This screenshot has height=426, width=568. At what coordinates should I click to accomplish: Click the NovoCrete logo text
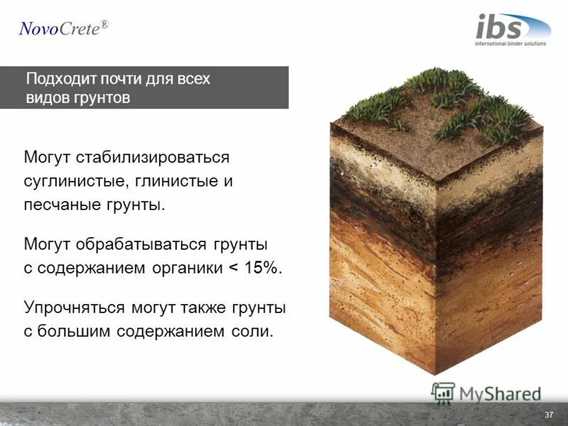coord(59,29)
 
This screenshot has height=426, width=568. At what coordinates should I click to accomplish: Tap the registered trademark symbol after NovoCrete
coord(104,24)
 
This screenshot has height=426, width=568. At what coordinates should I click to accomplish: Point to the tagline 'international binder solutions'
coord(510,43)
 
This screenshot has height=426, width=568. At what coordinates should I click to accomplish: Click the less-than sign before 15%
coord(231,269)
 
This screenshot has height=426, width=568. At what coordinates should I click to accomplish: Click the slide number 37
coord(548,415)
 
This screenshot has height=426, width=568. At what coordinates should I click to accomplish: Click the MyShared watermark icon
coord(443,392)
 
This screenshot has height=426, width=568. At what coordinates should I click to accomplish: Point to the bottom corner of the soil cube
coord(435,373)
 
